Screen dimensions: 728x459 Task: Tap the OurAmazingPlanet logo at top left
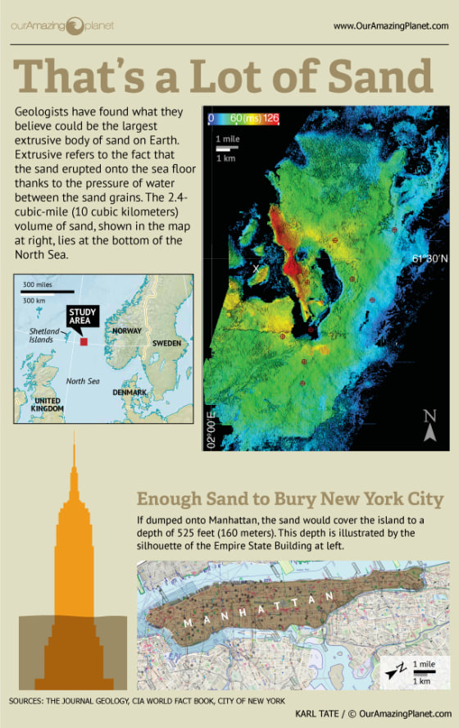[61, 25]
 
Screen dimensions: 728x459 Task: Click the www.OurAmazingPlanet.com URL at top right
[391, 26]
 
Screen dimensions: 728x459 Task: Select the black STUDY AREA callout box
[83, 316]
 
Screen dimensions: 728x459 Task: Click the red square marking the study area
[84, 340]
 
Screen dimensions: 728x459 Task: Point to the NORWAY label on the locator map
[127, 330]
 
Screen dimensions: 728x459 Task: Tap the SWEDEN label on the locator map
[166, 343]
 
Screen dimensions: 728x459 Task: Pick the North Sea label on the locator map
[82, 380]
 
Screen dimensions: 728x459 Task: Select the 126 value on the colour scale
[271, 119]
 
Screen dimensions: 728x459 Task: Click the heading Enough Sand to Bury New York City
[290, 499]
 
